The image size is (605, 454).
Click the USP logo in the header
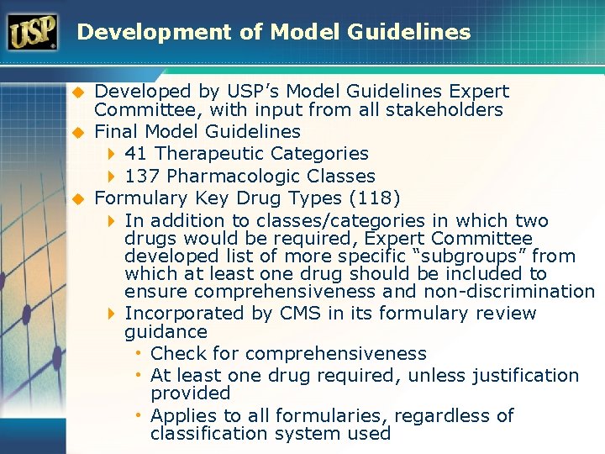33,32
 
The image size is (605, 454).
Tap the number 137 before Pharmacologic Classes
141,177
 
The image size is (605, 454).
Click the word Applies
180,416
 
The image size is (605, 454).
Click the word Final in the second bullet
113,132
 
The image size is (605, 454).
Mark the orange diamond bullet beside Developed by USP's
75,92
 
